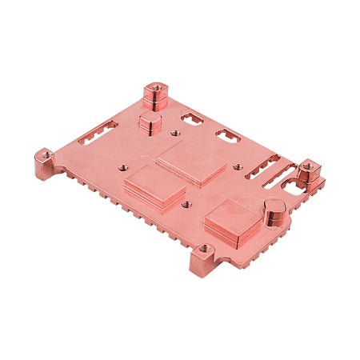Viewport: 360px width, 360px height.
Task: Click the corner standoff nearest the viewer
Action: click(x=203, y=258)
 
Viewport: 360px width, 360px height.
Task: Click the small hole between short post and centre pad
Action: click(x=174, y=134)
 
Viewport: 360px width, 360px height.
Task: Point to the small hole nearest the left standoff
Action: click(x=122, y=168)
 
